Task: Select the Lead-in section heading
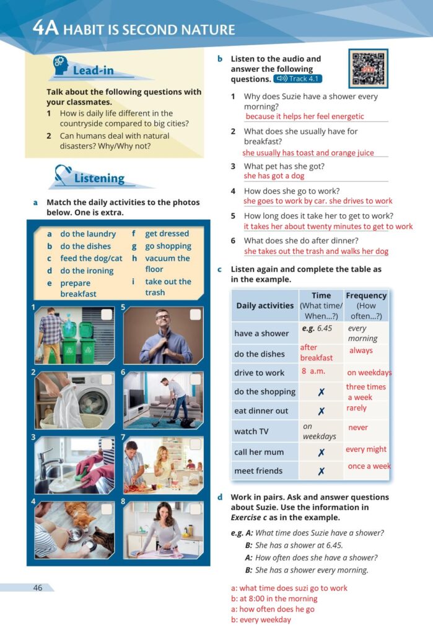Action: (x=93, y=71)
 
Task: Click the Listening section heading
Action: (x=99, y=178)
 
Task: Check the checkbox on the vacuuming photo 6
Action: (x=195, y=380)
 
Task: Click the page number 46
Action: (x=38, y=588)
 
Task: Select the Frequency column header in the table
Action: (x=366, y=305)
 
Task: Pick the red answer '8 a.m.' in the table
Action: (x=313, y=371)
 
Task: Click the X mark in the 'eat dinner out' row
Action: (x=321, y=410)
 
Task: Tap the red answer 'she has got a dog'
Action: (x=274, y=176)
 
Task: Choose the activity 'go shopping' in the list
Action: (x=168, y=246)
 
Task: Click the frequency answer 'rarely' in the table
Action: (x=357, y=408)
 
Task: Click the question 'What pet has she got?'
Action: (x=284, y=166)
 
